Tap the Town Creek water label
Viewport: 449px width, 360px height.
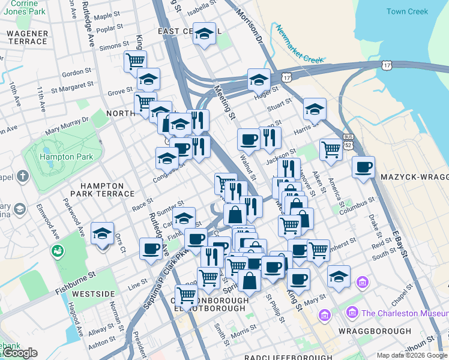[x=407, y=11]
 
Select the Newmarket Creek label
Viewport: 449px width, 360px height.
[x=300, y=43]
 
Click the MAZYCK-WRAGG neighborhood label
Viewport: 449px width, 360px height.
[x=415, y=178]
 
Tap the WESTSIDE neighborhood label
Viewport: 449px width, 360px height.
[x=93, y=294]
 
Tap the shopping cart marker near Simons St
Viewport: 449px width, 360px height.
[x=135, y=61]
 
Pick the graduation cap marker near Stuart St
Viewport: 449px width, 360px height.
[x=314, y=109]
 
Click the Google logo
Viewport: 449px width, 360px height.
[x=20, y=353]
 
